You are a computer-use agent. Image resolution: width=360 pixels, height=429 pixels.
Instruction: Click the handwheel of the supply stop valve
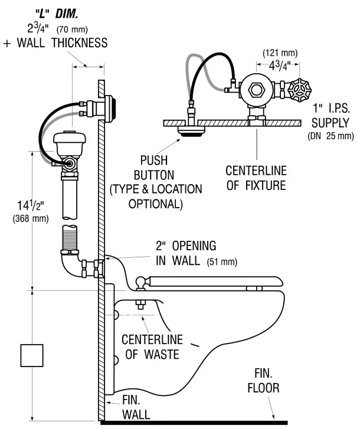click(x=300, y=90)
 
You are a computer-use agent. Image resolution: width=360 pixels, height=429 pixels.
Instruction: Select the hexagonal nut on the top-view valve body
click(x=257, y=90)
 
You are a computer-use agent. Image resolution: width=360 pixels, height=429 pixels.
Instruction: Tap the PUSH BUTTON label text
click(x=154, y=168)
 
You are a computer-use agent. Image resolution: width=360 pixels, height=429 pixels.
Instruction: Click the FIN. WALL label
click(x=136, y=407)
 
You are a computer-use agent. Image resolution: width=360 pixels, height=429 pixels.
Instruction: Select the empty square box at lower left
click(x=33, y=356)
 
